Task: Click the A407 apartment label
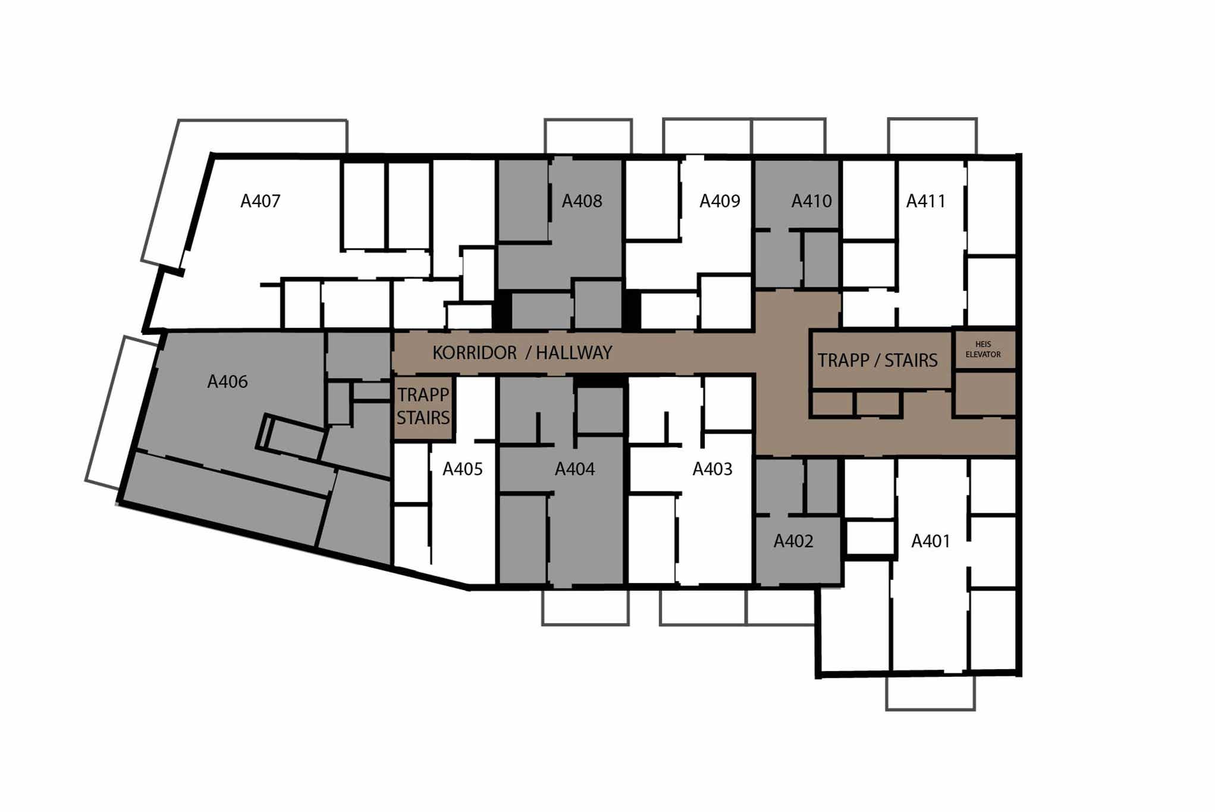260,201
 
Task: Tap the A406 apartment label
227,382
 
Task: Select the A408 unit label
582,201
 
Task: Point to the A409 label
720,201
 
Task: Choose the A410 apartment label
811,201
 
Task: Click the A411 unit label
925,201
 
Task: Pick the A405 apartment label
462,469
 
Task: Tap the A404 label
574,469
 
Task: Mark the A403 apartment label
712,469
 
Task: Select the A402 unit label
793,541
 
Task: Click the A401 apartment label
931,541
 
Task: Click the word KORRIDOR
475,353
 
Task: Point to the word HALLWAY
574,353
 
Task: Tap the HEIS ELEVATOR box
984,349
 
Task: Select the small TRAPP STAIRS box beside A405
423,407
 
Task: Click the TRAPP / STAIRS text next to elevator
877,360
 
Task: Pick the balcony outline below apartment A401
930,709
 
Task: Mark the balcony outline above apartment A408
588,120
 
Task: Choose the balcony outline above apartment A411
933,119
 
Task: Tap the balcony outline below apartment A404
585,624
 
